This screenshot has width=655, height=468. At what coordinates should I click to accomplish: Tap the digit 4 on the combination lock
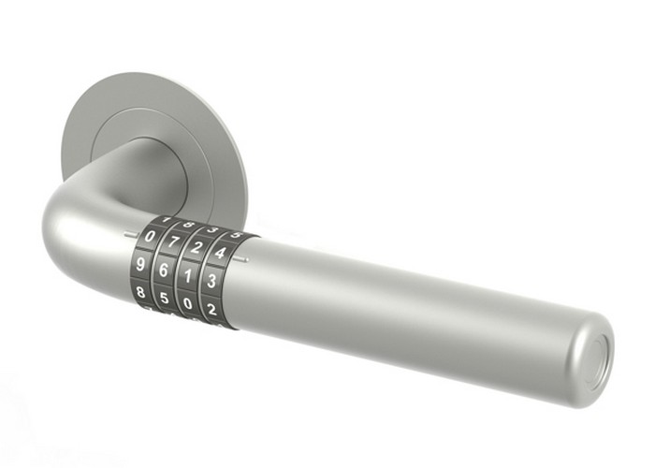(x=220, y=252)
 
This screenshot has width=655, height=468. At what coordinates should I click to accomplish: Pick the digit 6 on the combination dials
(x=165, y=271)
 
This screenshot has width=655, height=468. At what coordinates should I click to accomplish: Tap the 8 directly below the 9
(x=141, y=292)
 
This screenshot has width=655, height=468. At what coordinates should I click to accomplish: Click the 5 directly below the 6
(x=165, y=300)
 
